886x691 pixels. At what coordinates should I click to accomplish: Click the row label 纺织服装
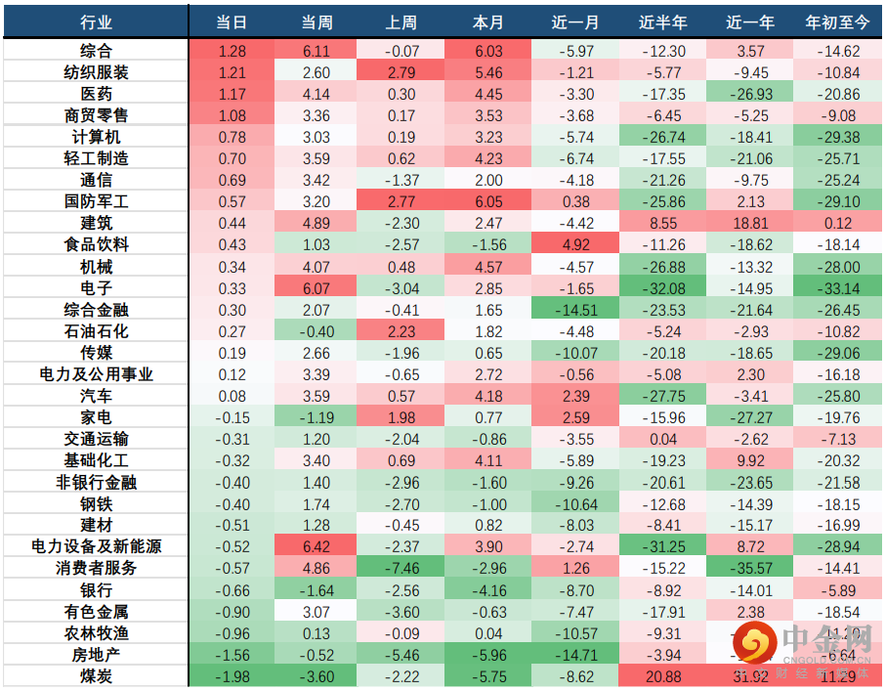[x=96, y=72]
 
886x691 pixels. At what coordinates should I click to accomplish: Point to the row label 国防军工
[x=96, y=201]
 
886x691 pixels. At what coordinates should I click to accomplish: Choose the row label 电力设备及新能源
[x=96, y=546]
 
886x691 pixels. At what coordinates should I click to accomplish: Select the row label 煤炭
[x=96, y=675]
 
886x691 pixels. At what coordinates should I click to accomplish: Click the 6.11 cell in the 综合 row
[x=316, y=51]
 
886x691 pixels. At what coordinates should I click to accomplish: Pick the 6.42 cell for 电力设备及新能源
[x=316, y=546]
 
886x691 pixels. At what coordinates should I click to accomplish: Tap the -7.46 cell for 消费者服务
[x=402, y=568]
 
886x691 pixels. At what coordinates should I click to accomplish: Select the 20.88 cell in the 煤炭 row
[x=663, y=675]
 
